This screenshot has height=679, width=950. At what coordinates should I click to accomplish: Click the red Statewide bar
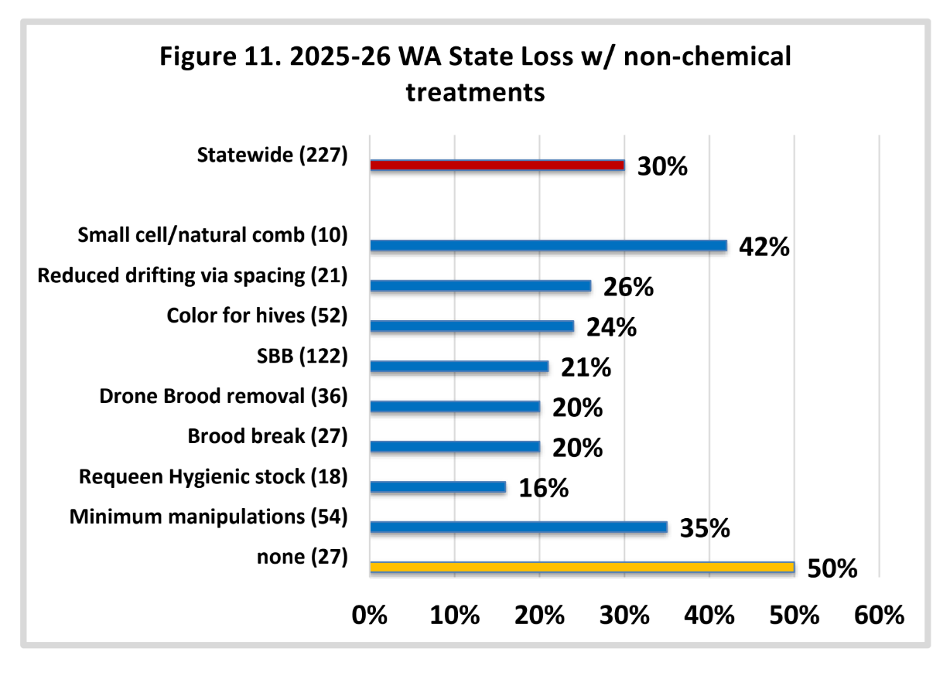(497, 165)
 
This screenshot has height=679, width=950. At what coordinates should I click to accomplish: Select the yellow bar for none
(583, 567)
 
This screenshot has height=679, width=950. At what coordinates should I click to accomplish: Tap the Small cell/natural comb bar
(548, 245)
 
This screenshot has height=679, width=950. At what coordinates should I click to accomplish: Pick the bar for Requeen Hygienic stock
(438, 487)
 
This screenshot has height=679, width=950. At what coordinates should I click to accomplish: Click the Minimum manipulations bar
(518, 527)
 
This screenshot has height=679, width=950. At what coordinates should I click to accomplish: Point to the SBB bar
(460, 367)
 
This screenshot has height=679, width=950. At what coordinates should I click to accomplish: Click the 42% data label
(764, 247)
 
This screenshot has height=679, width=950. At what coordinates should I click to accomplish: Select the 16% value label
(544, 488)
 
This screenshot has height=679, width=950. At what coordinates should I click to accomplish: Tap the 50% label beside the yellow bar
(832, 568)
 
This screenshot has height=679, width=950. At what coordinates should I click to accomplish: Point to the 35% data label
(705, 528)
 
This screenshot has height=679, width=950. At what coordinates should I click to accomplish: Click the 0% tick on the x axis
(369, 615)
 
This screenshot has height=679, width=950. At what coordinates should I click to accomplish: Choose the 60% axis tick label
(879, 615)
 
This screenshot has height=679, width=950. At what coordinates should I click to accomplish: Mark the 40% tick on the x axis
(709, 615)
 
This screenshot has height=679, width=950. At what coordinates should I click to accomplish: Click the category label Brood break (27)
(268, 436)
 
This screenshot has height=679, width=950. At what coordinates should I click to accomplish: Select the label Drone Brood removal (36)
(224, 396)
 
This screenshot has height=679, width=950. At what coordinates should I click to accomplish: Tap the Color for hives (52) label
(257, 316)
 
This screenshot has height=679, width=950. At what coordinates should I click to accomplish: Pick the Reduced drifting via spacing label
(171, 276)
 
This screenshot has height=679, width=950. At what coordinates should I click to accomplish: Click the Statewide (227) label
(272, 155)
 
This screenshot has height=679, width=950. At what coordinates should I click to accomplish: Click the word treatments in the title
(476, 92)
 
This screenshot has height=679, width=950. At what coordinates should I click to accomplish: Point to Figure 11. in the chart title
(220, 56)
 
